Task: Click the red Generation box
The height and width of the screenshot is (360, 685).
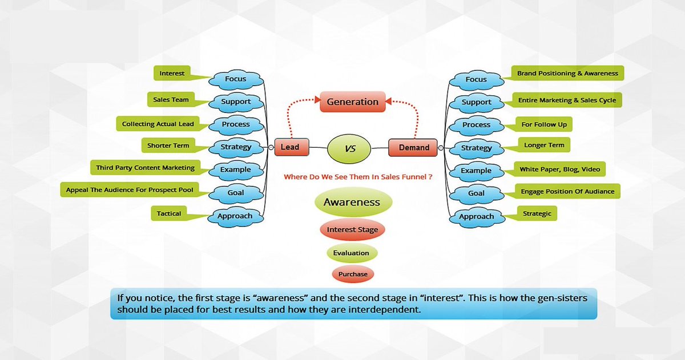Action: coord(352,102)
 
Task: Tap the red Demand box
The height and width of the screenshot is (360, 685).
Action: coord(413,147)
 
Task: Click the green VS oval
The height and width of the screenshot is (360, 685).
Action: coord(350,148)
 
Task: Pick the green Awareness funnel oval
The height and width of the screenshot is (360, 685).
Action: coord(352,203)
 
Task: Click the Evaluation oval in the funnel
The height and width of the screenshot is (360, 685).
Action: coord(352,253)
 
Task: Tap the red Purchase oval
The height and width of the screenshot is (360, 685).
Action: coord(352,274)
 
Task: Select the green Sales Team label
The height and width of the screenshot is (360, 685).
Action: coord(171,100)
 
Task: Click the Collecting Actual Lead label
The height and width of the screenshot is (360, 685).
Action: coord(158,124)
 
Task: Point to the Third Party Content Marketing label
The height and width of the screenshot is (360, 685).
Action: coord(146,168)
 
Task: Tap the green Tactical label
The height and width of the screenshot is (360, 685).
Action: coord(169,214)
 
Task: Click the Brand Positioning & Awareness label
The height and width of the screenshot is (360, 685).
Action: coord(567,74)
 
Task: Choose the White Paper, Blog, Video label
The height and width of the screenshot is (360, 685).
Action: coord(559,169)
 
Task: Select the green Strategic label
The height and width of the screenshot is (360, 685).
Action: coord(537,214)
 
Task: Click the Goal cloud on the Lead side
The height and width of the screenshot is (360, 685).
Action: coord(236,193)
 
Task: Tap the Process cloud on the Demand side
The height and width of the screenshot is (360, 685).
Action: coord(476,125)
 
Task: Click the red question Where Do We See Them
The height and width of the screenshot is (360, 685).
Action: coord(357,177)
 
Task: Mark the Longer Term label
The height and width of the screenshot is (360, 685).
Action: coord(544,145)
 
